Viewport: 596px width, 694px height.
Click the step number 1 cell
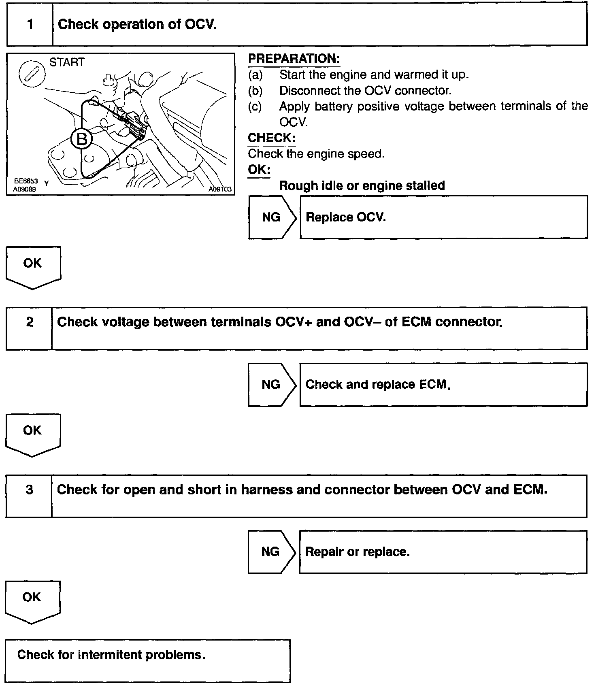[x=30, y=24]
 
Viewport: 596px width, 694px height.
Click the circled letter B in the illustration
[x=81, y=140]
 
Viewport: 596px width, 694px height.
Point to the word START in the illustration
[x=67, y=62]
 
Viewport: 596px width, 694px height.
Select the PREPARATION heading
[x=294, y=59]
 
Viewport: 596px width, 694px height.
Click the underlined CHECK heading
[x=271, y=138]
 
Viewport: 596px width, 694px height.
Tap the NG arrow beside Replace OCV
[x=272, y=217]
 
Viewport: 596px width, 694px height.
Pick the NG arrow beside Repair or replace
[x=271, y=551]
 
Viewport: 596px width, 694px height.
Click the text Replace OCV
[x=345, y=217]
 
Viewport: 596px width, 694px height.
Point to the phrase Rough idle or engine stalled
[x=362, y=186]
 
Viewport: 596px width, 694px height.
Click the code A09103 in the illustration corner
[x=220, y=189]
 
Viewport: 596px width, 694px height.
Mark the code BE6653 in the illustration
[x=26, y=182]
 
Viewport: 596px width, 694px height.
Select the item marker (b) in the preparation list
[x=255, y=91]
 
